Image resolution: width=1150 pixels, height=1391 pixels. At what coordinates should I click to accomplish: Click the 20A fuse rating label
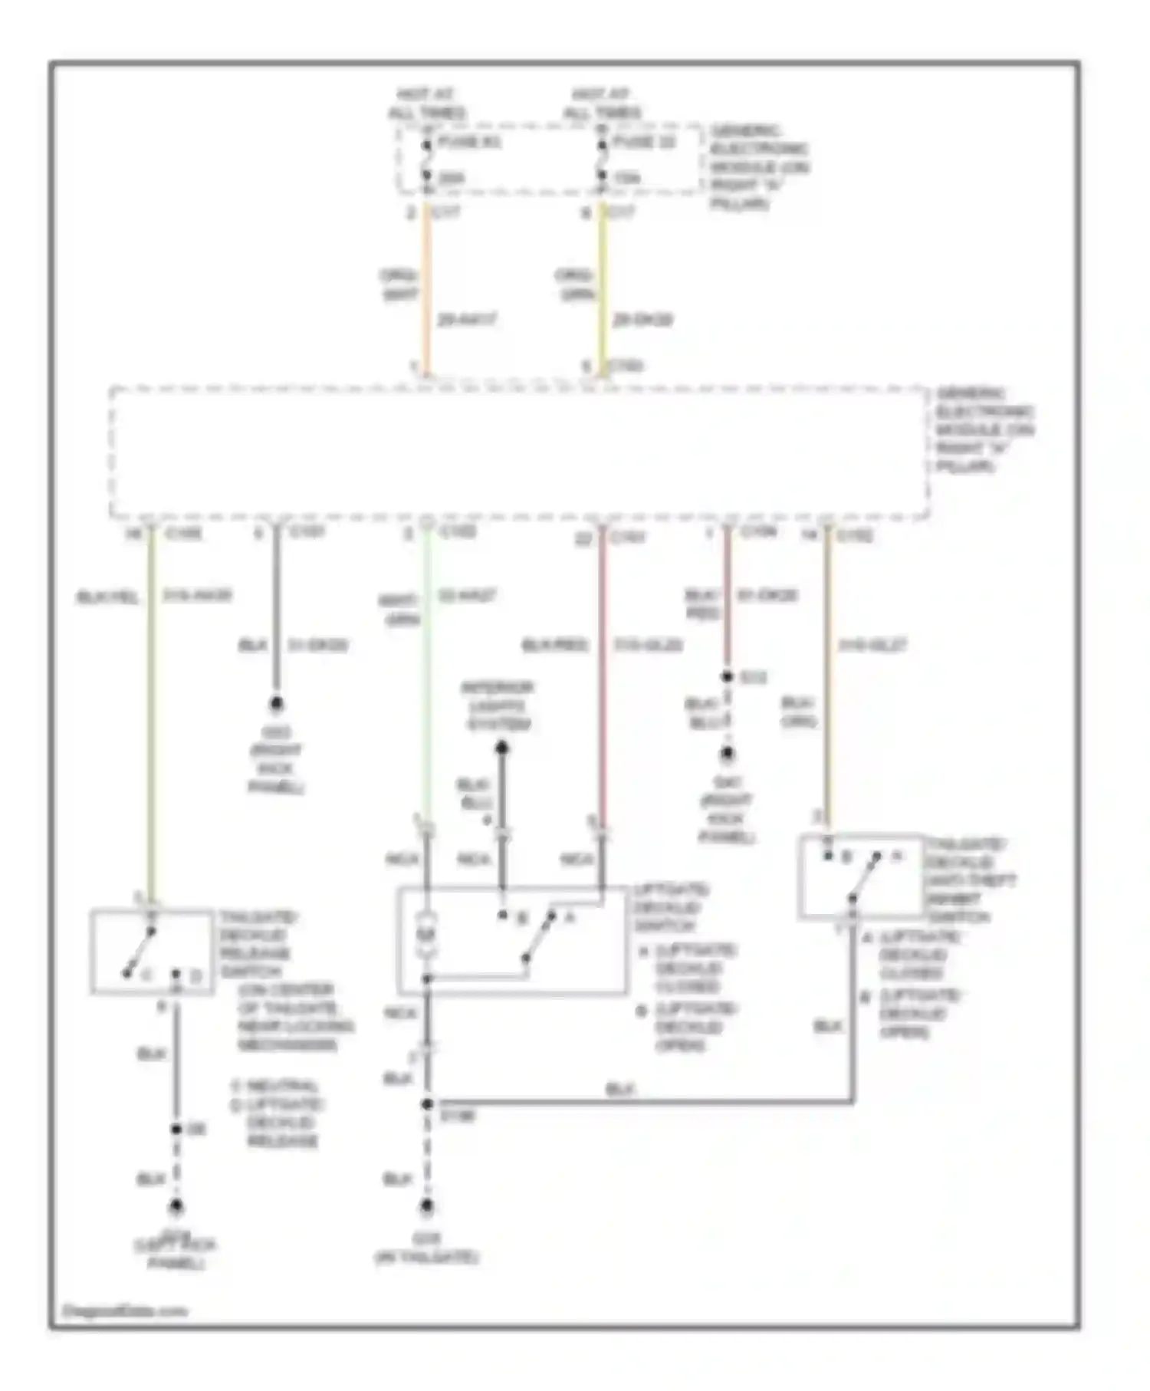click(452, 179)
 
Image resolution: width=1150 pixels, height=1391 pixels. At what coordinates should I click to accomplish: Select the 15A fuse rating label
click(626, 179)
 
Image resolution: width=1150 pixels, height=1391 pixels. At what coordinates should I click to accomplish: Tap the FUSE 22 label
click(643, 143)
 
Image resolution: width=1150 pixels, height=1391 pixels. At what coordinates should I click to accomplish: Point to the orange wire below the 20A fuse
click(427, 291)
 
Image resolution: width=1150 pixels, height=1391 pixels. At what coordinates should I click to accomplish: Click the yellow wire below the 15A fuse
click(602, 291)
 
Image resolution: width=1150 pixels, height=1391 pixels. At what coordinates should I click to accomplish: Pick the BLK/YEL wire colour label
click(107, 597)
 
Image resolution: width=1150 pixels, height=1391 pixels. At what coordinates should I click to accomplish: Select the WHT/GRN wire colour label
click(399, 610)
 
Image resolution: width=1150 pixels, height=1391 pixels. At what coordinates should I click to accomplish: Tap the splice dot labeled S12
click(727, 677)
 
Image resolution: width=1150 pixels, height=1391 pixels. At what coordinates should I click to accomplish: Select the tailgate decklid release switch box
click(152, 952)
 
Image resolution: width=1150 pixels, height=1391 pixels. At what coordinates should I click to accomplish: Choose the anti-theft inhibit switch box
click(860, 876)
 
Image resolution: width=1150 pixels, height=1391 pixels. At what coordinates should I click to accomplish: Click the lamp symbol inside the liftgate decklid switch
click(427, 935)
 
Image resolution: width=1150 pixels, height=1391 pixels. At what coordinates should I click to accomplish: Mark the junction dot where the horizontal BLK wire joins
click(427, 1104)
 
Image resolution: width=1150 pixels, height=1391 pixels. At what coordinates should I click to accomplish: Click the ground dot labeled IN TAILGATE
click(427, 1207)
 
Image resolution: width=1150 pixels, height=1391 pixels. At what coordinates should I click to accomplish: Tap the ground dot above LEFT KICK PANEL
click(176, 1208)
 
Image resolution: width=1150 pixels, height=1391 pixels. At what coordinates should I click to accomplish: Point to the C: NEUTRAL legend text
click(274, 1086)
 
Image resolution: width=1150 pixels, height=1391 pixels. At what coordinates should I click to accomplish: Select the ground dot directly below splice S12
click(727, 755)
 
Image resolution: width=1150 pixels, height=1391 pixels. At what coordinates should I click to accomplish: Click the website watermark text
click(125, 1310)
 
